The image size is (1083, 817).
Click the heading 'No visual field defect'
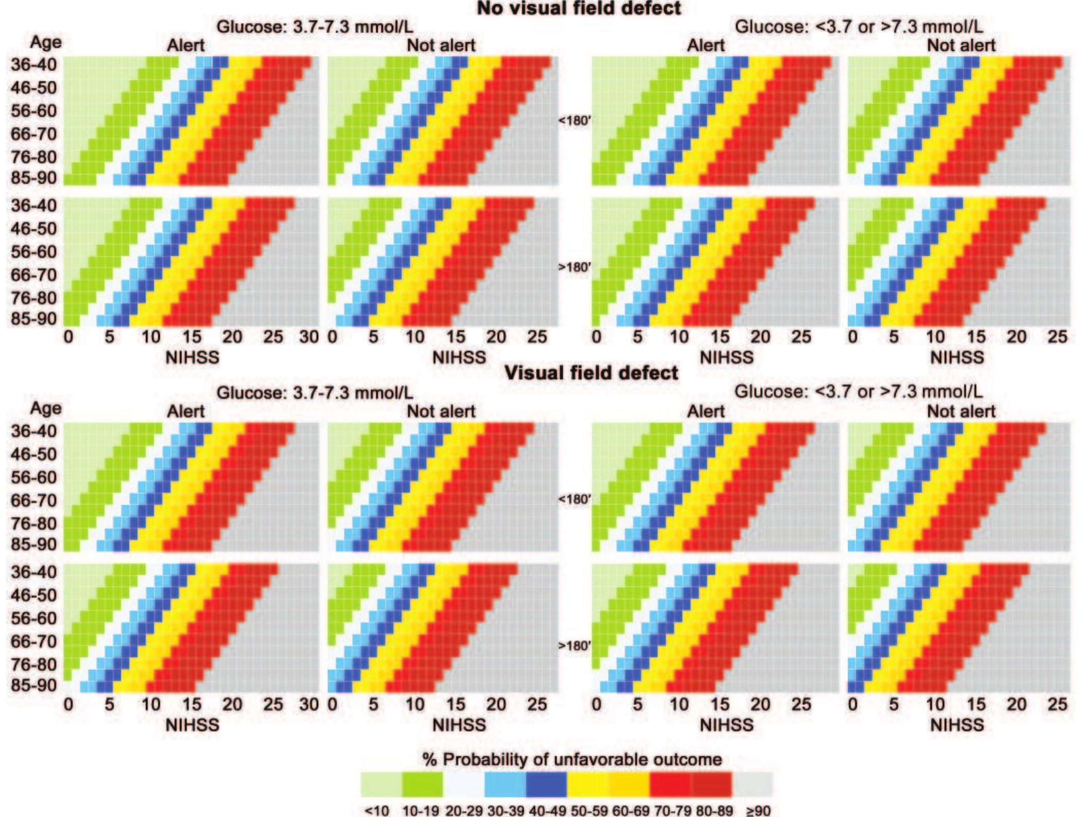click(579, 8)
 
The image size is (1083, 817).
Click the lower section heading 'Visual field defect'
click(591, 373)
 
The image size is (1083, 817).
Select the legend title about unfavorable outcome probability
click(572, 759)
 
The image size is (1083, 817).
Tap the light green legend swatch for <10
click(381, 784)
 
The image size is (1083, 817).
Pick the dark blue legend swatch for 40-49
click(546, 784)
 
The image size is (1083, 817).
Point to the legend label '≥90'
click(758, 811)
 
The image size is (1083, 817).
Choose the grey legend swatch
click(752, 784)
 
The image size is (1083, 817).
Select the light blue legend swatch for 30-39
click(505, 784)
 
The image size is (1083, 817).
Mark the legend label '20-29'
click(464, 811)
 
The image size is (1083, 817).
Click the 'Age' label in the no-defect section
click(46, 42)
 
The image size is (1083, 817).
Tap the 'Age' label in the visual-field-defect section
click(46, 408)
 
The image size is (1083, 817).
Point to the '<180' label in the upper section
click(575, 121)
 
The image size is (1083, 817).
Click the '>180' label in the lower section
click(575, 645)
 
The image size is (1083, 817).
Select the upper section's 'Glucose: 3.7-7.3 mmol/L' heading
click(315, 27)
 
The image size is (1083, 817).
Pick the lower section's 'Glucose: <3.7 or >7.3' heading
click(858, 392)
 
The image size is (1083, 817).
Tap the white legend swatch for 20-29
click(464, 784)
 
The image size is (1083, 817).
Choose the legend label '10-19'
click(420, 811)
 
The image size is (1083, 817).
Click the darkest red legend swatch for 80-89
click(711, 784)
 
